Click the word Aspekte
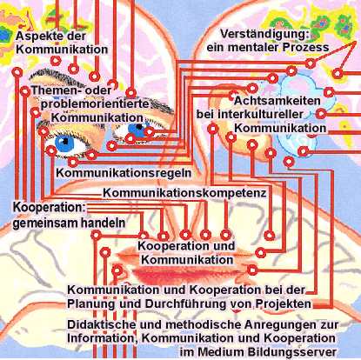pos(39,37)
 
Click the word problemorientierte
pos(95,104)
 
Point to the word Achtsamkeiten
pos(277,101)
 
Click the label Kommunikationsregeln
pos(124,173)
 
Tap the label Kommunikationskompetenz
pos(184,193)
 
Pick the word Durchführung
pos(182,304)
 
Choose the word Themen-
pos(55,90)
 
